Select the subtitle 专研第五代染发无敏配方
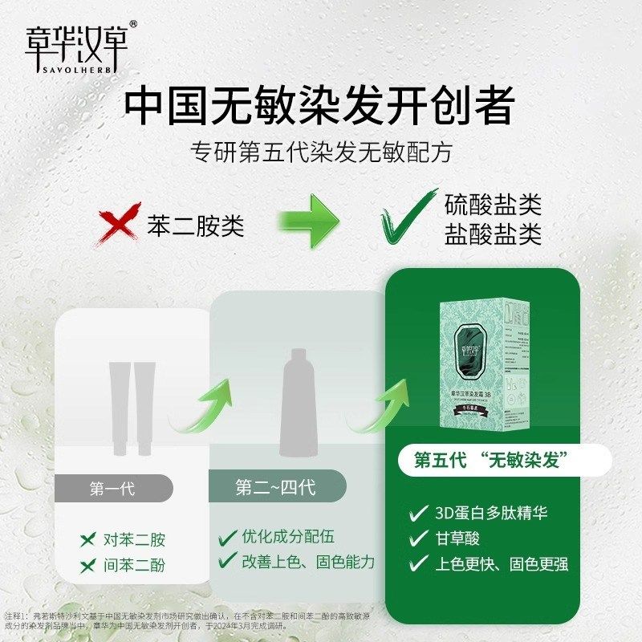tap(320, 152)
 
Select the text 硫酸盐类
tap(493, 204)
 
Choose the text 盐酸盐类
tap(493, 234)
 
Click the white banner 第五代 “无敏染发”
tap(497, 461)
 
